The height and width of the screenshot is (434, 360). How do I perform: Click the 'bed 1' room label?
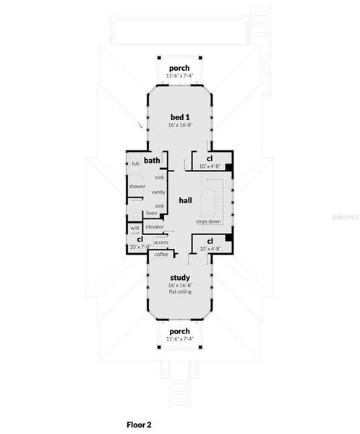[179, 116]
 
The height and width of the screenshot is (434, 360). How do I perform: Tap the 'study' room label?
[179, 277]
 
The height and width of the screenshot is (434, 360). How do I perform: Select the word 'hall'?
[185, 200]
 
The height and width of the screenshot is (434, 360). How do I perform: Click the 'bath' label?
[152, 161]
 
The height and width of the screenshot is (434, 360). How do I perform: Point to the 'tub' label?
[135, 163]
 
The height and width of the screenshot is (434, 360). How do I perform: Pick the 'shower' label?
[137, 186]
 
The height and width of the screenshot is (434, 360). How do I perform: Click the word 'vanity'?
[158, 192]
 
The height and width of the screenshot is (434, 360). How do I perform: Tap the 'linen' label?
[151, 213]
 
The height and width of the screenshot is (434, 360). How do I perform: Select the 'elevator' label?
[155, 227]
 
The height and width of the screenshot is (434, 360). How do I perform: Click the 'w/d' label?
[134, 228]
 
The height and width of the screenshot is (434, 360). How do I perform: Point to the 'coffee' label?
[160, 254]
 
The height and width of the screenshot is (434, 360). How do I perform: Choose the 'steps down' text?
[208, 221]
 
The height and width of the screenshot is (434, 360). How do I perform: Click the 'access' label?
[160, 242]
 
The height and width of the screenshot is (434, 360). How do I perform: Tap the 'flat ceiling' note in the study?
[179, 292]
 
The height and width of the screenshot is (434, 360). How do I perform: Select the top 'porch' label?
[179, 68]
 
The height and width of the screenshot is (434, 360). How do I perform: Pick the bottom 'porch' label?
[179, 332]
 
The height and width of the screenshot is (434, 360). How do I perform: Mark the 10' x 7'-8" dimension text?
[140, 247]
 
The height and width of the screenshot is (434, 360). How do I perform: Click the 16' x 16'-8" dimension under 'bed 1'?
[179, 125]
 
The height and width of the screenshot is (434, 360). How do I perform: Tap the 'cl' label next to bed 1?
[209, 158]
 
